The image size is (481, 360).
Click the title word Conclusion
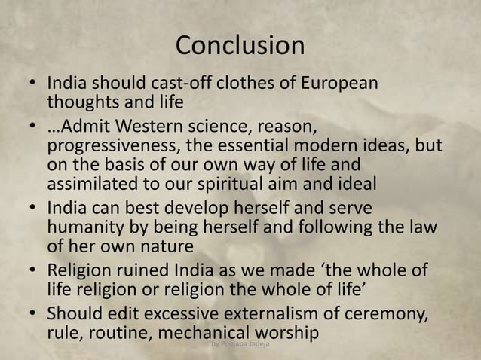(x=240, y=45)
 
